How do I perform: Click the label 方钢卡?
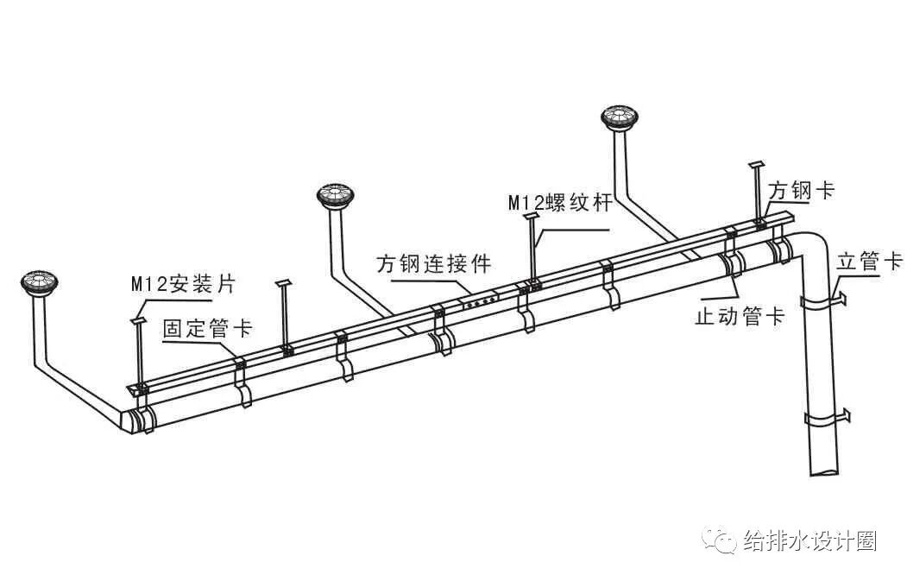(801, 191)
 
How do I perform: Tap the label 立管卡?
(869, 262)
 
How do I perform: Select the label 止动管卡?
(740, 316)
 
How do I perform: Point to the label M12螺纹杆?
(558, 204)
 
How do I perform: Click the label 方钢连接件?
(432, 264)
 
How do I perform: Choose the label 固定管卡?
(207, 329)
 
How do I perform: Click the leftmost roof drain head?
(39, 282)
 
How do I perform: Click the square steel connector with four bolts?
(480, 301)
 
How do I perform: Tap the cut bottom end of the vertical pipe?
(823, 470)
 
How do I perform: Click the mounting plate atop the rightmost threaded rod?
(757, 164)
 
